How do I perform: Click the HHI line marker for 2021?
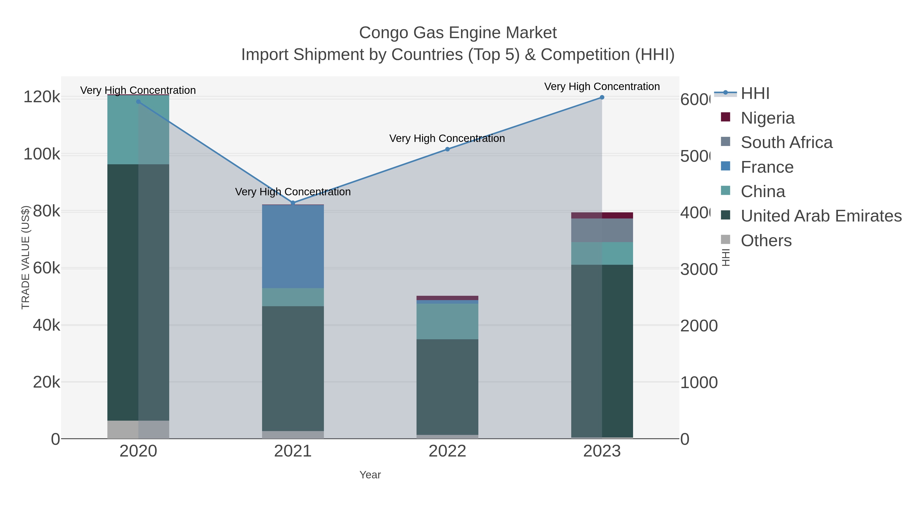click(x=293, y=203)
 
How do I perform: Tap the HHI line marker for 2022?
click(x=447, y=149)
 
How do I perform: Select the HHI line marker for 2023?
click(x=602, y=97)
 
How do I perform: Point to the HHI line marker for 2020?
click(x=138, y=102)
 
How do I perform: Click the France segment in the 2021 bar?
click(x=293, y=246)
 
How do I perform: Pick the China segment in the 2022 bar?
click(x=447, y=321)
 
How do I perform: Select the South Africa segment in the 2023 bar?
click(x=602, y=230)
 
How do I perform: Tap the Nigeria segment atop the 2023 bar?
click(x=602, y=215)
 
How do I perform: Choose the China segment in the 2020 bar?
click(x=138, y=130)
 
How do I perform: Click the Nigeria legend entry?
click(x=767, y=118)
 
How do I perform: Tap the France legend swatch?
click(x=725, y=166)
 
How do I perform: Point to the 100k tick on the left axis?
click(x=42, y=155)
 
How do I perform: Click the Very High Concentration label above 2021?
click(x=293, y=192)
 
